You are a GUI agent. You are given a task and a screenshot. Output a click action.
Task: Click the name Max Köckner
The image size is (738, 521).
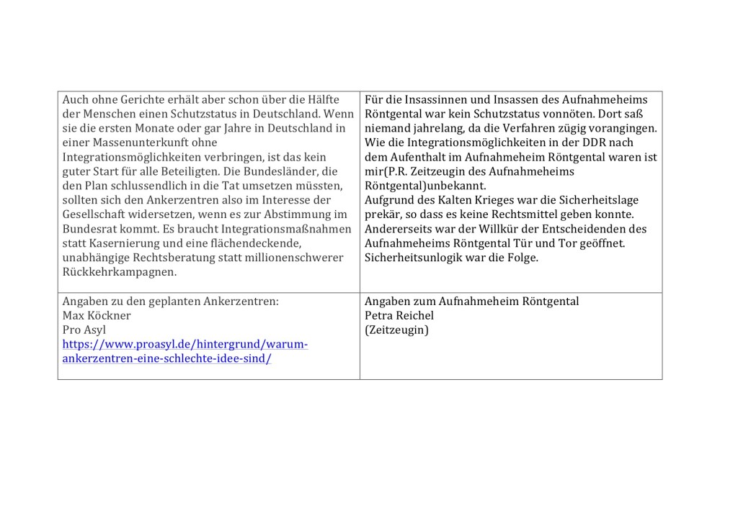pos(97,315)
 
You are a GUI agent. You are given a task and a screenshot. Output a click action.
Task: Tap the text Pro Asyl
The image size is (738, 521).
pos(84,330)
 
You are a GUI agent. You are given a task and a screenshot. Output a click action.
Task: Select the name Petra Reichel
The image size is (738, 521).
pos(399,315)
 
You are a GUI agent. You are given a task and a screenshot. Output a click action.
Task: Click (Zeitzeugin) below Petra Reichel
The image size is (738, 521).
pos(396,330)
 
